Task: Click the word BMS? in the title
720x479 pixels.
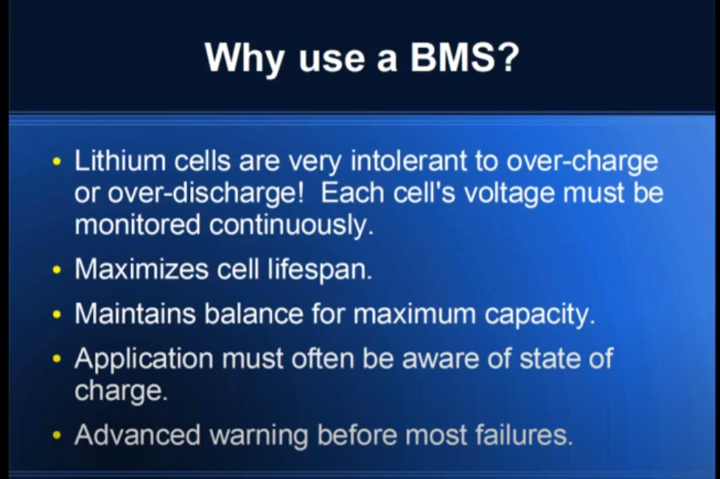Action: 465,57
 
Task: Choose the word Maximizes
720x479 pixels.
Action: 141,269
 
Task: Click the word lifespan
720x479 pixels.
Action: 320,270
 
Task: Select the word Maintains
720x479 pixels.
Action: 135,314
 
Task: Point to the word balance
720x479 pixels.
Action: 254,314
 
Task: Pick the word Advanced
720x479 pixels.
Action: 137,435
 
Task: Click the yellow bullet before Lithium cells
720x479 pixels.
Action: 57,161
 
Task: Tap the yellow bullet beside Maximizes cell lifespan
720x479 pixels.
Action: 57,270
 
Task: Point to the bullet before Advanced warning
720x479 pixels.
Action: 57,435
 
